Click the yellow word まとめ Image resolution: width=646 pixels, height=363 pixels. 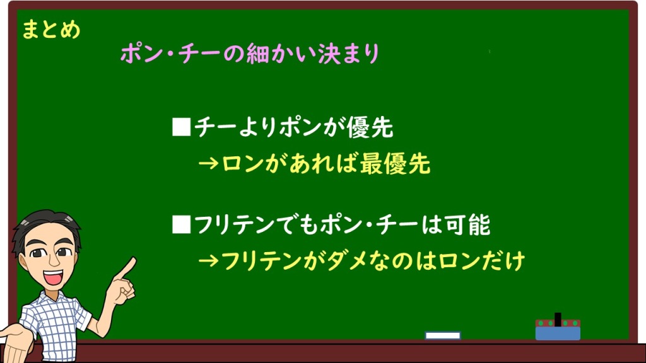pos(50,30)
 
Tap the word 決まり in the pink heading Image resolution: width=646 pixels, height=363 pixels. pos(348,54)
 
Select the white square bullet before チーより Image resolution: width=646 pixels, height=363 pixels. pos(181,127)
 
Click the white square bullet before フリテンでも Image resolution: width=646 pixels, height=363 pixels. pos(181,224)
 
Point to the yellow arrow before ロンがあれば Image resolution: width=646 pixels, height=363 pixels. pos(208,164)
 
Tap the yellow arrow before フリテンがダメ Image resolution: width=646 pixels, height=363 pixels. pos(208,261)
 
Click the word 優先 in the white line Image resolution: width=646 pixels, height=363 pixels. pos(370,127)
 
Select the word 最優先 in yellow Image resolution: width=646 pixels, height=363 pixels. pos(395,164)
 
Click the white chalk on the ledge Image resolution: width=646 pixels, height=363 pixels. pos(443,335)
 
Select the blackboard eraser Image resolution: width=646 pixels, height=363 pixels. pos(558,329)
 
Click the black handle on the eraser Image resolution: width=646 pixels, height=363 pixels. pos(558,319)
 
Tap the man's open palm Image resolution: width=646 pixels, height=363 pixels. pos(16,343)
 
